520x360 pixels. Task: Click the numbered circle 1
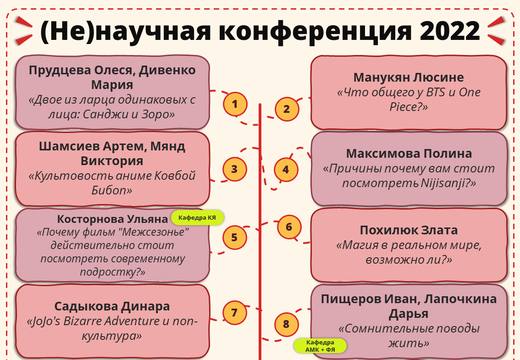[235, 105]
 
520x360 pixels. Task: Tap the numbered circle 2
[287, 109]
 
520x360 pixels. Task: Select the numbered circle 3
[234, 169]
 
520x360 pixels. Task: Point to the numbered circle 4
[286, 170]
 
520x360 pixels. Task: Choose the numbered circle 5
[234, 238]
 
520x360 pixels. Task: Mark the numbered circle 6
[289, 227]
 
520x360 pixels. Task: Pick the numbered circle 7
[234, 313]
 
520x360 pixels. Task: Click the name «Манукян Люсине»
[409, 78]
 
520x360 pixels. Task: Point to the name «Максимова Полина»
[409, 154]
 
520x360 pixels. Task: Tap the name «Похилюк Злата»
[409, 230]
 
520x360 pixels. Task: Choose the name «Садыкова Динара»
[112, 306]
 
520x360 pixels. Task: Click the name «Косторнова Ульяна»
[113, 219]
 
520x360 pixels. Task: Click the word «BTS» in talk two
[438, 92]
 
